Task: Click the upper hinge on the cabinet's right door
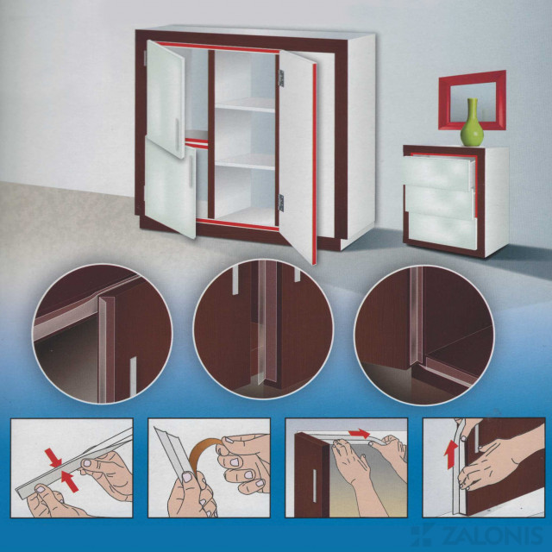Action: (x=281, y=78)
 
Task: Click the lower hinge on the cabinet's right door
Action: (x=281, y=203)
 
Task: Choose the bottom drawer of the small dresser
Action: (x=442, y=230)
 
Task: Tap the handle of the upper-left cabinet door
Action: (x=177, y=132)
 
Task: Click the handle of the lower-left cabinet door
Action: (x=191, y=171)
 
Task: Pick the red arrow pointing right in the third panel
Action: (x=359, y=433)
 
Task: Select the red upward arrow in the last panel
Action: (x=451, y=456)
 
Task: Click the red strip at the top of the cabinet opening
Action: (x=218, y=47)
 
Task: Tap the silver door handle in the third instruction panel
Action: (x=314, y=486)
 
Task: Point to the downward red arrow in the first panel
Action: (x=53, y=457)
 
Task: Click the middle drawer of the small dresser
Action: (x=440, y=202)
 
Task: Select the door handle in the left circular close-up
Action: (x=133, y=376)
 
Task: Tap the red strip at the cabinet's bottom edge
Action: (x=238, y=224)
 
